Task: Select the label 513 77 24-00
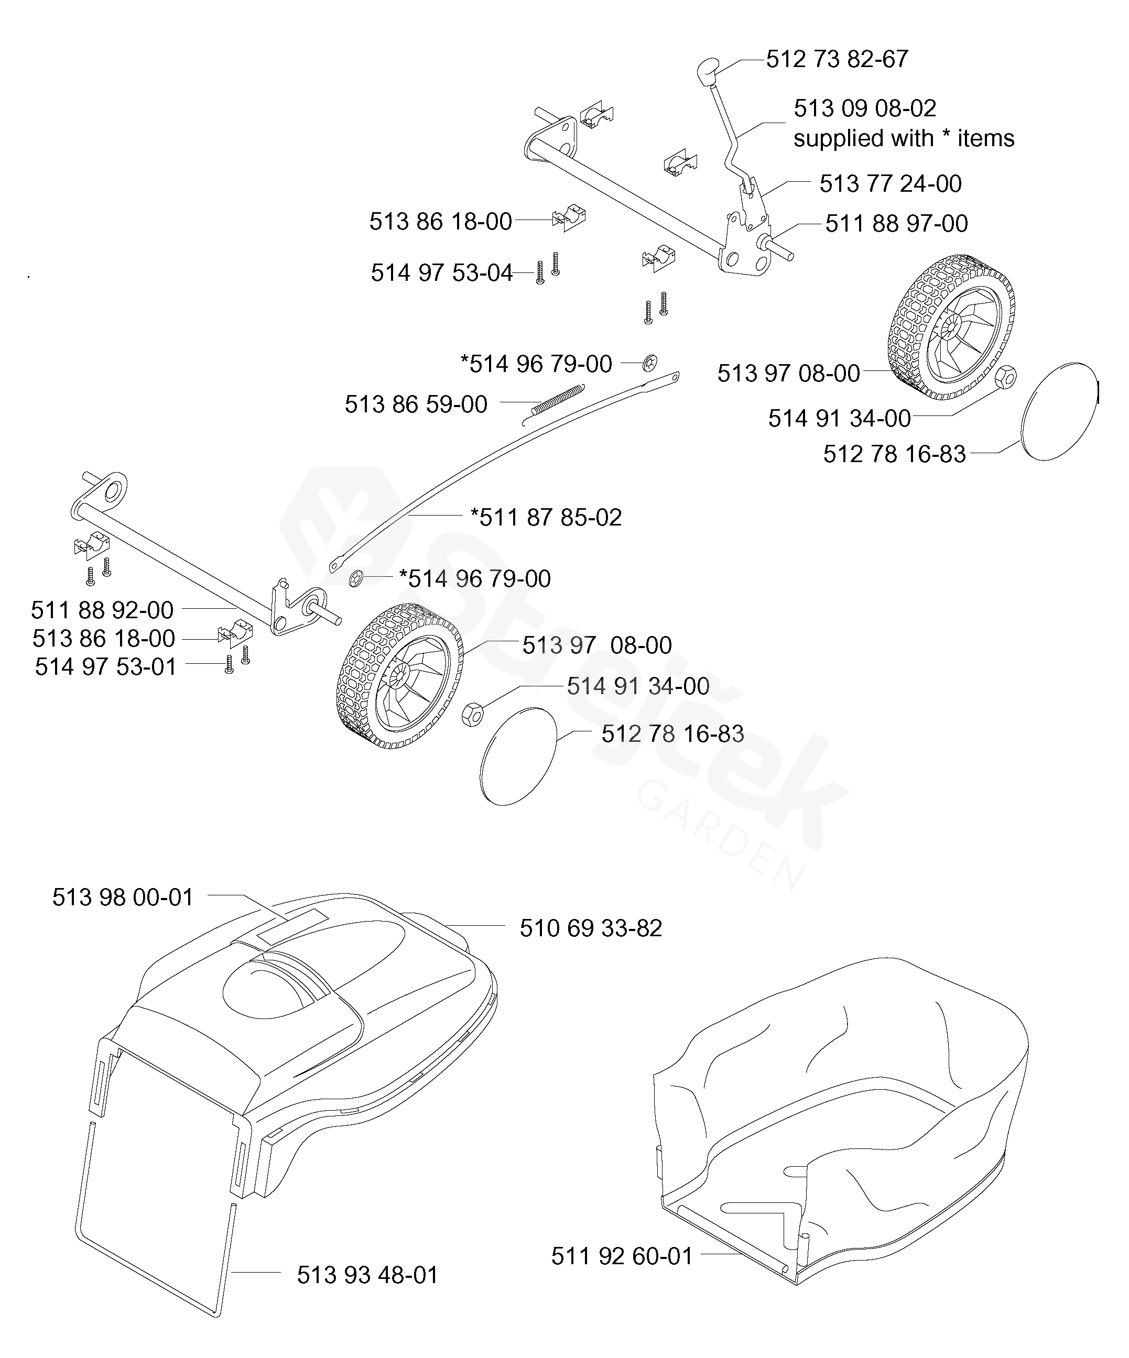tap(891, 184)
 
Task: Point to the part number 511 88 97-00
tap(897, 224)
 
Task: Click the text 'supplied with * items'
tap(904, 138)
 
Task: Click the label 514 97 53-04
tap(441, 273)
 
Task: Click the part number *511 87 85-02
tap(546, 517)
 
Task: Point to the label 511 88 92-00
tap(102, 610)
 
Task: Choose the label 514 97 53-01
tap(105, 667)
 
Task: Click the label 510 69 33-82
tap(591, 928)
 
